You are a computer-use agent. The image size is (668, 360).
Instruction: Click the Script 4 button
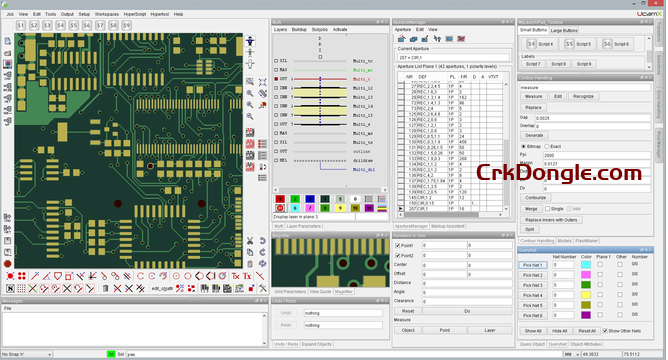coord(541,44)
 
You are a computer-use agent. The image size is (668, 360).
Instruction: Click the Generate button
coord(534,134)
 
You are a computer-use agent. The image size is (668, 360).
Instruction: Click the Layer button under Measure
coord(489,329)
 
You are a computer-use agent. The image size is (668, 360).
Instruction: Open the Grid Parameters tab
coord(290,290)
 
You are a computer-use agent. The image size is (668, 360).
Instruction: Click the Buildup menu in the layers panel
coord(300,29)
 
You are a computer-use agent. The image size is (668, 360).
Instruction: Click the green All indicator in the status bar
coord(110,354)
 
